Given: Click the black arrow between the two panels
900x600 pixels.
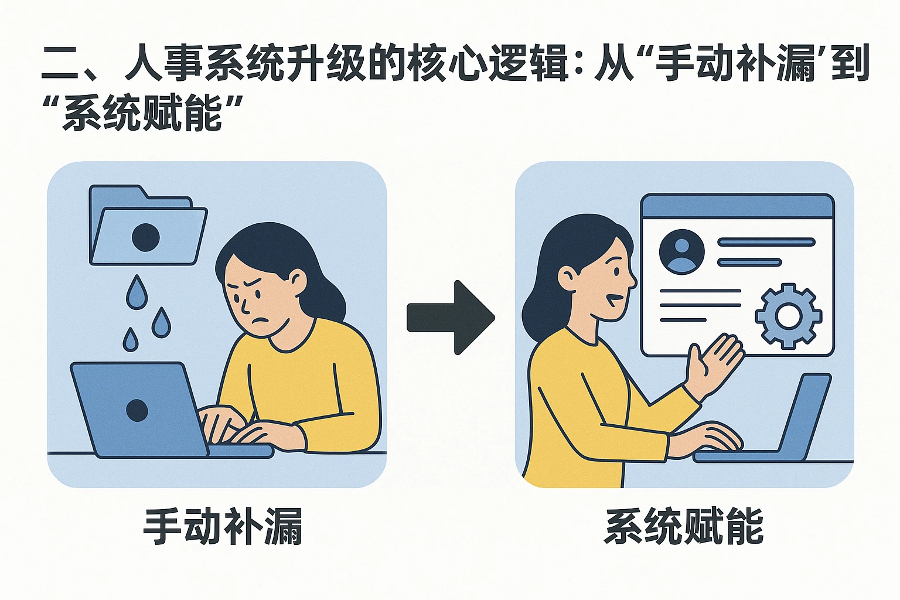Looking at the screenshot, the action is click(451, 318).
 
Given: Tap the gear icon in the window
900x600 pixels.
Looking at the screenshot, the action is click(788, 316).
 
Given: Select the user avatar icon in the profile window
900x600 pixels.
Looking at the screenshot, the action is click(682, 251).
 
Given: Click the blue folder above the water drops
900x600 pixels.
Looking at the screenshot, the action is click(148, 224).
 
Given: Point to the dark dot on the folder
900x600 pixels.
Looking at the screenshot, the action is click(146, 237).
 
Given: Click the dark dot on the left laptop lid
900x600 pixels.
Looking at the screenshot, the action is click(137, 410).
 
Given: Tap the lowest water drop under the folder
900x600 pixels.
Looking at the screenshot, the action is click(130, 340).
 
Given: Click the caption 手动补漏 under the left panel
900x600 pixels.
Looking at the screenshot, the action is click(223, 526).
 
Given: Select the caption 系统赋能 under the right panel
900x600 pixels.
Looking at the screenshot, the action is click(683, 526).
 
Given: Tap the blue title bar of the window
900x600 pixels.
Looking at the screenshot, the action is click(737, 207).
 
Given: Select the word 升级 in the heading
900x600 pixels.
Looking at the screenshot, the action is click(325, 63).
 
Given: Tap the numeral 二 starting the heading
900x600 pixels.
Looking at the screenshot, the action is click(61, 63).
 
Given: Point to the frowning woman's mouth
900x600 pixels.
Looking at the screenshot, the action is click(260, 321).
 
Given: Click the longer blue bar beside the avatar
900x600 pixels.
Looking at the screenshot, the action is click(766, 242).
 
